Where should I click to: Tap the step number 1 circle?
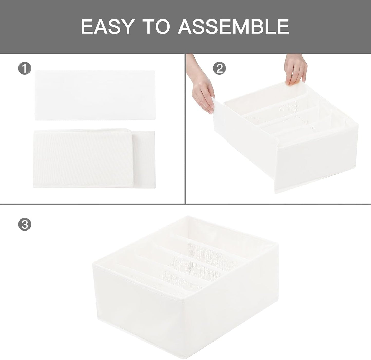pos(25,69)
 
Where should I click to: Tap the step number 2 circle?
pos(220,68)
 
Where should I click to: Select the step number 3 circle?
pos(25,225)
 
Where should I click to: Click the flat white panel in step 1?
pos(95,95)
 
